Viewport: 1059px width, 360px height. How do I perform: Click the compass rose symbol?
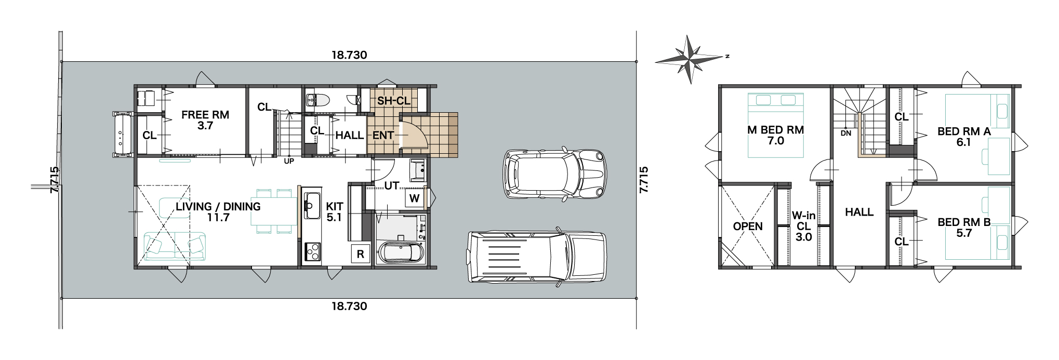(689, 60)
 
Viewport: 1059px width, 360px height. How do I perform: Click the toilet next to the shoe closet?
(316, 100)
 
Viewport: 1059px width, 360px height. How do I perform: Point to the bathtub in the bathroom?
(402, 252)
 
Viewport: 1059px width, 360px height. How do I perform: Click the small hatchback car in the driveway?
(555, 174)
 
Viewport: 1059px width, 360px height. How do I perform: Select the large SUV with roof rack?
(537, 257)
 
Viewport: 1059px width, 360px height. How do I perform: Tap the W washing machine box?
(414, 198)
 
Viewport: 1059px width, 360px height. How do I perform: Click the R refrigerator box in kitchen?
(361, 254)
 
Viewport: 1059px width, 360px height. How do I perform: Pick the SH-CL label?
(394, 101)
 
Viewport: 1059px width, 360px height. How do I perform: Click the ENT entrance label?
(383, 135)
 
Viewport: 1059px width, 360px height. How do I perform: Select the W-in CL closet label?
(803, 226)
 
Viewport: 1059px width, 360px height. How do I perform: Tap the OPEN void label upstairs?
(748, 226)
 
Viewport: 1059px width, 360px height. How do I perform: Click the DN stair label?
(846, 133)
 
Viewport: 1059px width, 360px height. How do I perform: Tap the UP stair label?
(289, 161)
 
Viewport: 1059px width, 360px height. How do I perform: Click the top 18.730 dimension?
(349, 55)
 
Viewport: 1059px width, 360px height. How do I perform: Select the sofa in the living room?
(175, 246)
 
